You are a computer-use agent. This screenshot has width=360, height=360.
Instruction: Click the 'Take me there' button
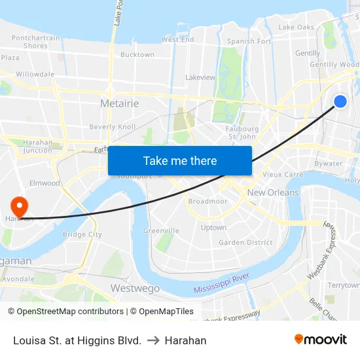click(180, 160)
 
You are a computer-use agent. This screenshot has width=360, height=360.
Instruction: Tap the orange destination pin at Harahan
click(19, 206)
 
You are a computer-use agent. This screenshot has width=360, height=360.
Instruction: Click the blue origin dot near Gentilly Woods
click(340, 101)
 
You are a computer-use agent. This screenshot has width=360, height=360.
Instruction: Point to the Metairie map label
click(119, 103)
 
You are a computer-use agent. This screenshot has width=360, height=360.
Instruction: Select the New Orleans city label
click(273, 192)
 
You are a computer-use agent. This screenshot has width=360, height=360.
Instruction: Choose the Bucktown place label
click(137, 55)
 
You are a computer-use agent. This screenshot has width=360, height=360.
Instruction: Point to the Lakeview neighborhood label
click(200, 77)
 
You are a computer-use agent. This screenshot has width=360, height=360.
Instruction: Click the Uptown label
click(213, 228)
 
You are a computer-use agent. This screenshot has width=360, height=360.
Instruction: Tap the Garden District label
click(245, 242)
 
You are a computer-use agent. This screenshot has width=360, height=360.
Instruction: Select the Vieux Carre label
click(283, 175)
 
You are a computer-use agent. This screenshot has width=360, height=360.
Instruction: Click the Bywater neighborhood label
click(328, 164)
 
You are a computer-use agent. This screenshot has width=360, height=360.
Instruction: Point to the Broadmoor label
click(208, 202)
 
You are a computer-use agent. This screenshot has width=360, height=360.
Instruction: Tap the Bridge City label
click(82, 234)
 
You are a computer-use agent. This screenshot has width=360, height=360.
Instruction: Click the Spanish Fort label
click(249, 41)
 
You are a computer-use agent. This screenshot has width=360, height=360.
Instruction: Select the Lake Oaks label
click(296, 27)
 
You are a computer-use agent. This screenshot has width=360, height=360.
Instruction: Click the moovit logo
click(321, 339)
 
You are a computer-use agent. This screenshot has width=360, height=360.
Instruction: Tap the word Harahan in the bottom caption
click(185, 340)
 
